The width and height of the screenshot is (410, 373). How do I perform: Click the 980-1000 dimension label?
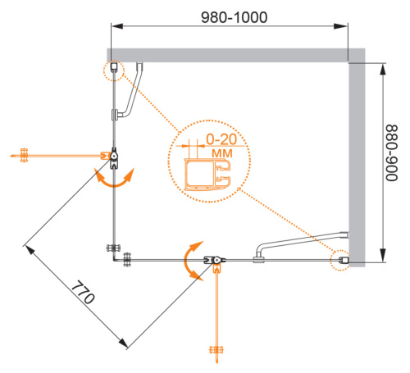[x=235, y=17]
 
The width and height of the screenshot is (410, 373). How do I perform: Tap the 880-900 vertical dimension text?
[x=391, y=153]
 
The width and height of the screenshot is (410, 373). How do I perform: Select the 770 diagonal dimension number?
[x=83, y=292]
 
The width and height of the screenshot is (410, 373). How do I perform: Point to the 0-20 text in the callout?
[x=221, y=139]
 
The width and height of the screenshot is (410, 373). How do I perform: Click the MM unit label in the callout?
[x=222, y=153]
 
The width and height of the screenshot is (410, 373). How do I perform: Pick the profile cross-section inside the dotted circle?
[x=207, y=174]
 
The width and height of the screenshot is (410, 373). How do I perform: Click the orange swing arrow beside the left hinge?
[x=115, y=178]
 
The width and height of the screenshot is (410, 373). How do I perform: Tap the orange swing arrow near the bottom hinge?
[x=191, y=261]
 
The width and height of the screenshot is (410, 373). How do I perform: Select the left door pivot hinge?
[x=114, y=158]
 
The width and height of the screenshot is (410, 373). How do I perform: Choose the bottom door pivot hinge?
[x=215, y=260]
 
